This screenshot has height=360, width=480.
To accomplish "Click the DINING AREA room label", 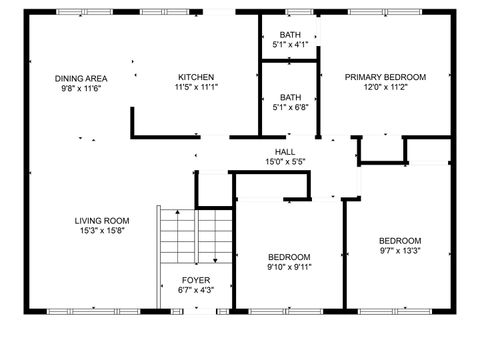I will (81, 77).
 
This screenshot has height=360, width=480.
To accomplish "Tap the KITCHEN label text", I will (196, 77).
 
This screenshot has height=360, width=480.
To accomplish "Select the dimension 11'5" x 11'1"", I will (196, 87).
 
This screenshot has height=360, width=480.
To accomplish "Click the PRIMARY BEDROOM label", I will (385, 77).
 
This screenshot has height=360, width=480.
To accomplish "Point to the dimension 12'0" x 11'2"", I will (385, 87).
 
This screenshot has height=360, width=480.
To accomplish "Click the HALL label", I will (285, 151).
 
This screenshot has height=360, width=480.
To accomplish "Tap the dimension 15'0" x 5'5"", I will (285, 161).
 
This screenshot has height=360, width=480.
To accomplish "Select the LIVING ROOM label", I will (102, 221).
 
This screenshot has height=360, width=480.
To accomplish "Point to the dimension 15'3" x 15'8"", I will (102, 231).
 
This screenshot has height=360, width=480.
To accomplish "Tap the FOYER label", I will (195, 280).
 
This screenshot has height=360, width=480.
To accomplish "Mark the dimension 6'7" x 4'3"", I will (195, 290).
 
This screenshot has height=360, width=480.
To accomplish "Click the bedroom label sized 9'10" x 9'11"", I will (288, 257).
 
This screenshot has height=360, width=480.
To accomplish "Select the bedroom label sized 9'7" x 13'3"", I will (399, 241).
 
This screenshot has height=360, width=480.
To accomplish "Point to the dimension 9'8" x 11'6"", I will (81, 87).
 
